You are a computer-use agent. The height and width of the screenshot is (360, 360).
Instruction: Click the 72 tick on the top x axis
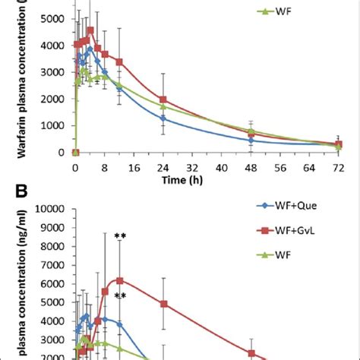pos(339,166)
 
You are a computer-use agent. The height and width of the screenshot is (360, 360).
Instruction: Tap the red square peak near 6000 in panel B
pos(119,280)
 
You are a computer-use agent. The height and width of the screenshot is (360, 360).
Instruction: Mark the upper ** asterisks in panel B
pos(119,237)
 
